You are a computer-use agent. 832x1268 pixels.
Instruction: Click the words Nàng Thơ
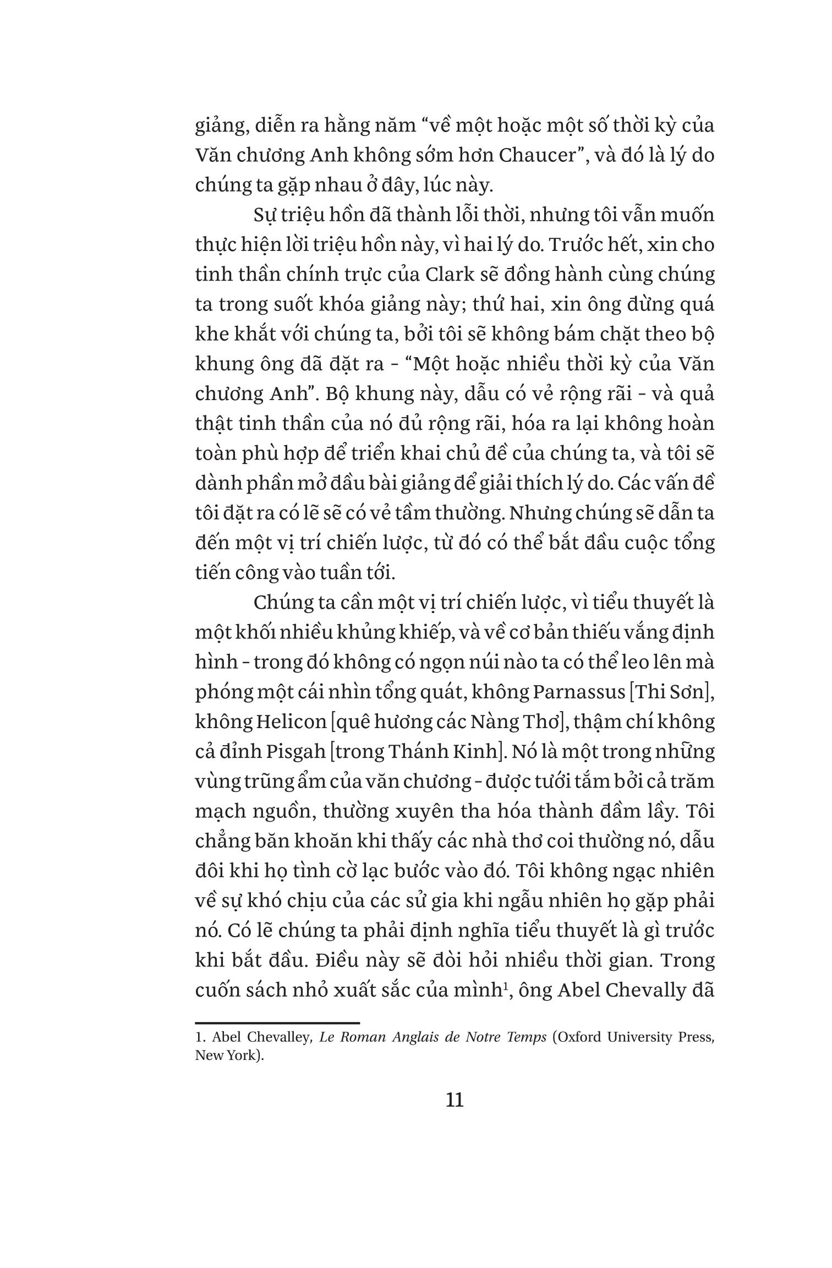click(518, 721)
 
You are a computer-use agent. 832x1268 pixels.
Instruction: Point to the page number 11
click(455, 1100)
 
